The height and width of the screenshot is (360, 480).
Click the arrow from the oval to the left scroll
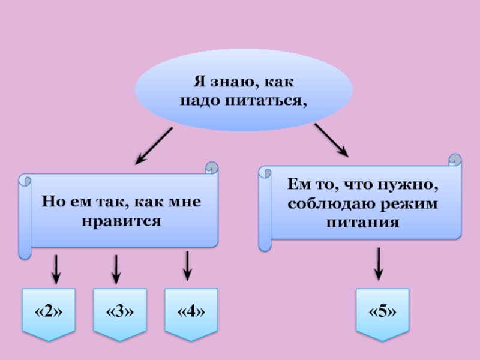point(154,146)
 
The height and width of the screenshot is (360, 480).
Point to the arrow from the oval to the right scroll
point(332,140)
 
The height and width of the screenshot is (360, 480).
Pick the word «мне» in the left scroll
point(187,202)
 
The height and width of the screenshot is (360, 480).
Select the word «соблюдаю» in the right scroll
point(325,204)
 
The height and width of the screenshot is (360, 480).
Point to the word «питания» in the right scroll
point(363,222)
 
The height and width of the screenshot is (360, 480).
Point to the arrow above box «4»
point(188,266)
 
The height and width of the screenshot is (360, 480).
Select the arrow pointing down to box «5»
point(379,264)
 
